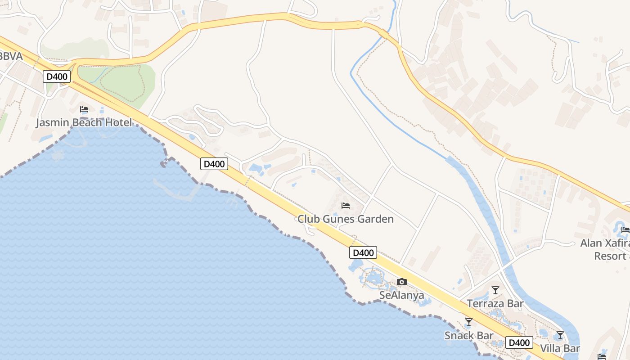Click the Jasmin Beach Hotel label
[x=84, y=122]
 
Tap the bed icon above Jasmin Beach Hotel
[x=84, y=109]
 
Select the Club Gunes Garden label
[x=346, y=219]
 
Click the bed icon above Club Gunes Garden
[x=346, y=206]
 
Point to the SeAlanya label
[x=402, y=295]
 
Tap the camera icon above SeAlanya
[x=402, y=282]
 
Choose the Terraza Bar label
[x=495, y=303]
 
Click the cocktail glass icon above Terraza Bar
[x=495, y=290]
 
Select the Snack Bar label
[x=469, y=335]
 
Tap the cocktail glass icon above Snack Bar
[x=469, y=322]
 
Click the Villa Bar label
[x=560, y=348]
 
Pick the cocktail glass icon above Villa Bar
[x=560, y=335]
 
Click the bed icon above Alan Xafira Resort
[x=625, y=230]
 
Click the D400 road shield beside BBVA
[x=57, y=76]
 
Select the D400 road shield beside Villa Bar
[x=519, y=342]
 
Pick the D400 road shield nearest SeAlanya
[x=363, y=252]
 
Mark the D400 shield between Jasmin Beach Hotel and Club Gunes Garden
[x=214, y=164]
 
